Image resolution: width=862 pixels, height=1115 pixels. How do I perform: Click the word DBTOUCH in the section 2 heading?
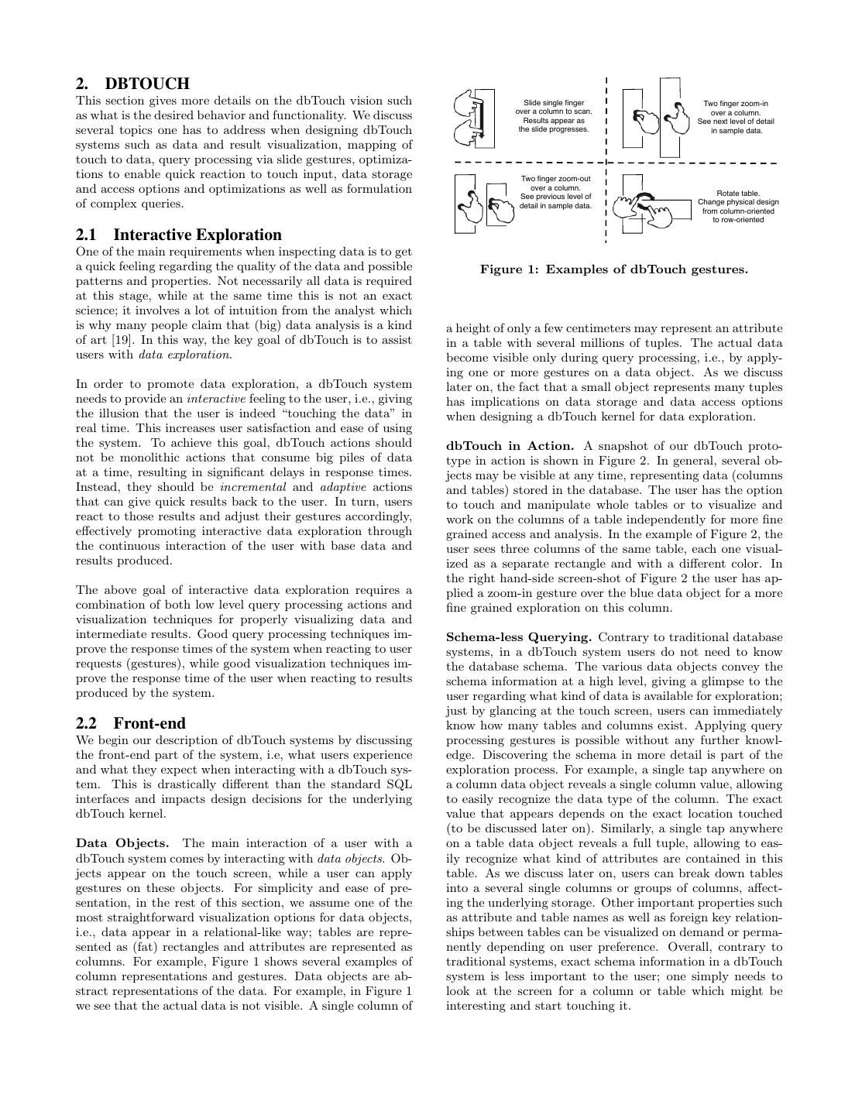[147, 84]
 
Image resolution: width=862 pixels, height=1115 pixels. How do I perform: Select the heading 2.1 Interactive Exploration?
[179, 235]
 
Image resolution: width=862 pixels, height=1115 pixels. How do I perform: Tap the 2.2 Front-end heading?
[131, 723]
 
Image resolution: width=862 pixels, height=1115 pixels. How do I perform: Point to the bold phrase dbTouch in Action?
[510, 446]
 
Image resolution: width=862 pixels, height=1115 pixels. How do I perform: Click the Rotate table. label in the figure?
[738, 193]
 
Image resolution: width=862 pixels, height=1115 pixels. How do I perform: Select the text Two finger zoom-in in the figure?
[735, 103]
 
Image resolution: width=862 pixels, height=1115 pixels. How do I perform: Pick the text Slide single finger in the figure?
[554, 103]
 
